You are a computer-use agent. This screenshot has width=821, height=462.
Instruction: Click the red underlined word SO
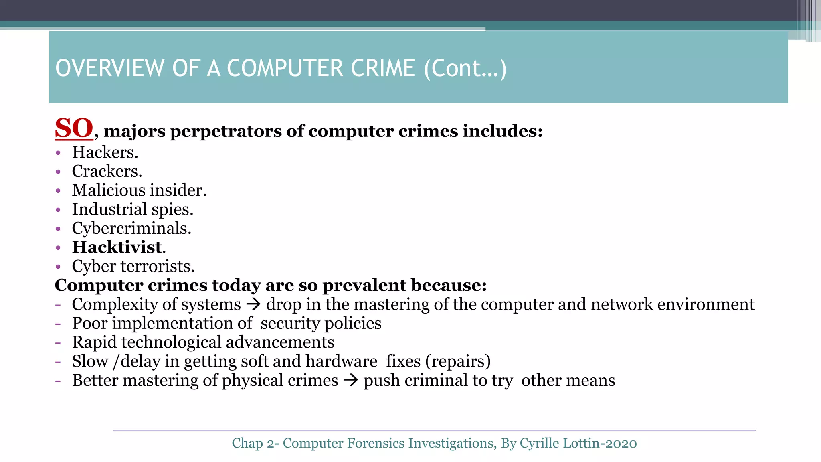tap(74, 129)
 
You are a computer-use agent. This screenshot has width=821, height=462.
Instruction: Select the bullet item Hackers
tap(105, 152)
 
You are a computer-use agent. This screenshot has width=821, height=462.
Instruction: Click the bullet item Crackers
tap(107, 171)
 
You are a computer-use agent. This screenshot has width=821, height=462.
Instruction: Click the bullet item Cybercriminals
tap(131, 229)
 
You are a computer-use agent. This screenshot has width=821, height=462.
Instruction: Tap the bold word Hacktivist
tap(117, 247)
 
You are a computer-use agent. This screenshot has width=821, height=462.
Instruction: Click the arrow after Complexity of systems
tap(253, 304)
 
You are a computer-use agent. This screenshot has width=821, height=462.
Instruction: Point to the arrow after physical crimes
tap(351, 380)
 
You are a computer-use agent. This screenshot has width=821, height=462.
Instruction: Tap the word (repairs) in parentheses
tap(458, 361)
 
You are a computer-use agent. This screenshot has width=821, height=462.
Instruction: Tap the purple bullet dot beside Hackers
tap(58, 153)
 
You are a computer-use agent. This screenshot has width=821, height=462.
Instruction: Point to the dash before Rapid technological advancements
tap(58, 342)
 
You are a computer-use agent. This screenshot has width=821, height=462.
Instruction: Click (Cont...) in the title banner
tap(465, 68)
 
